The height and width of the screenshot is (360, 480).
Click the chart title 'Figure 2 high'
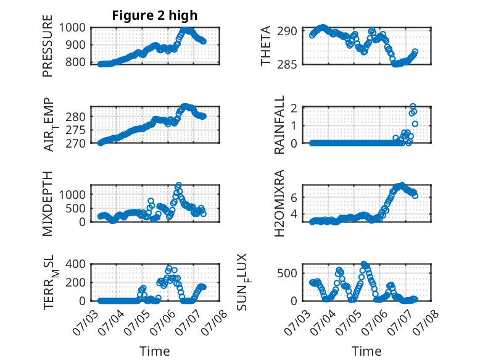pos(155,15)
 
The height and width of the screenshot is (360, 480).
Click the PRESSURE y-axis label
pos(48,46)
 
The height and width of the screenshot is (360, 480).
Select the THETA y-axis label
pos(266,46)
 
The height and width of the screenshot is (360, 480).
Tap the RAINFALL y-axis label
pos(279,125)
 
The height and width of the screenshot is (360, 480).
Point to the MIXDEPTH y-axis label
pos(48,203)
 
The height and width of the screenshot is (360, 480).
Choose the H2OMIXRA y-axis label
pos(279,203)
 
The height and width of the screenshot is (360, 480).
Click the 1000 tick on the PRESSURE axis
pos(72,28)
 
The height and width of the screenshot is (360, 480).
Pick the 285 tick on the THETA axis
pos(287,65)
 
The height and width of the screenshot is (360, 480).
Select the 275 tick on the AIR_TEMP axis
pos(76,130)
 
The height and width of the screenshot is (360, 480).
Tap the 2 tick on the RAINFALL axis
pos(294,108)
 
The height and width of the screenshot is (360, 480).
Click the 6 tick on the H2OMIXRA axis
pos(294,198)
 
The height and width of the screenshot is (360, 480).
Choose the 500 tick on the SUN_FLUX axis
pos(287,274)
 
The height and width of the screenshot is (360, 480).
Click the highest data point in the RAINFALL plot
pos(413,107)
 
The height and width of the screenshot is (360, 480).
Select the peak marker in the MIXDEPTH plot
pos(178,185)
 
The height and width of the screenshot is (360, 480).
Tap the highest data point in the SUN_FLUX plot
pos(363,264)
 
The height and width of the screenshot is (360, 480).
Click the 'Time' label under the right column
pos(366,351)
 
